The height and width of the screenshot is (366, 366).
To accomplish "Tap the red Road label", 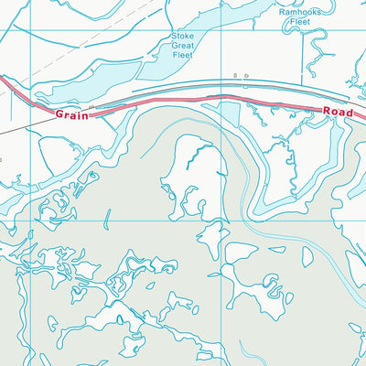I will coord(338,111).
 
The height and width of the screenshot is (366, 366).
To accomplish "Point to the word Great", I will coord(184,45).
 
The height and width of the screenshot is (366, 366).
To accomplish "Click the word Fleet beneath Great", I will coord(184,55).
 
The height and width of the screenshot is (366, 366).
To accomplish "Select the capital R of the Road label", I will coord(327,110).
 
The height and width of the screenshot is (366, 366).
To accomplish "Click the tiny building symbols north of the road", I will coord(240,77).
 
